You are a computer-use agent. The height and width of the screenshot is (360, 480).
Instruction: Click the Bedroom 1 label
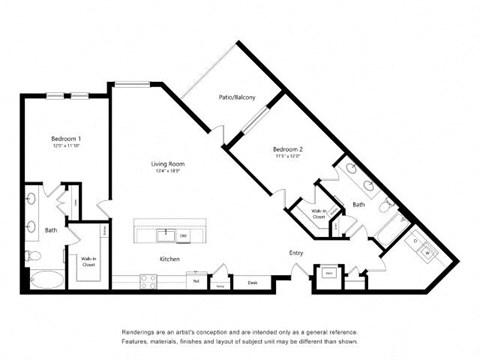click(67, 137)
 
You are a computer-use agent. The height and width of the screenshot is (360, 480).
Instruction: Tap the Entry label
click(297, 252)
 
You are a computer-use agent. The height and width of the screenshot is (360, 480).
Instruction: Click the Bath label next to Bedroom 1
click(50, 230)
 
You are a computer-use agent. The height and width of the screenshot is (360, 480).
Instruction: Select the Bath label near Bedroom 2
click(359, 205)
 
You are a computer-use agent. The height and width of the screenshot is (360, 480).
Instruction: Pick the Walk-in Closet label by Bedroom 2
click(317, 213)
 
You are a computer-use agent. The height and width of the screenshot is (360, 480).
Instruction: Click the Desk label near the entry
click(252, 283)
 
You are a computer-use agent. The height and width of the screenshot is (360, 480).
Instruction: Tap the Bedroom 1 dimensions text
click(67, 146)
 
